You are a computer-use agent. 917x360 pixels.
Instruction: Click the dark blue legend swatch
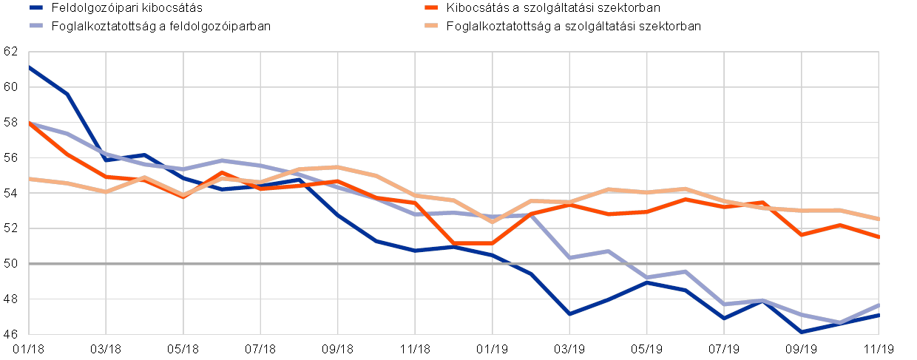click(36, 7)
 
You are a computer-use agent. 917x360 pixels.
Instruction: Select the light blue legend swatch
click(36, 25)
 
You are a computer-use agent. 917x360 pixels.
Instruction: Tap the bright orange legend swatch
click(431, 7)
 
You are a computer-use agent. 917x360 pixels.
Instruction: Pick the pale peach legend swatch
click(431, 25)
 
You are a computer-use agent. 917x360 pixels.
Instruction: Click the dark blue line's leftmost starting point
click(29, 67)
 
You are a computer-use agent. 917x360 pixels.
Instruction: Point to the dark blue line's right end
click(879, 314)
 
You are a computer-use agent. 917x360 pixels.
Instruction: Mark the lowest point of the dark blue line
click(802, 332)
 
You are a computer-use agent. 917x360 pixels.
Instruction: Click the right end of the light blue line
click(879, 305)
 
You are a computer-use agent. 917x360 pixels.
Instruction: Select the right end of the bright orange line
click(879, 237)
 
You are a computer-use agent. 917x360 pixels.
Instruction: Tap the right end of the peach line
click(879, 219)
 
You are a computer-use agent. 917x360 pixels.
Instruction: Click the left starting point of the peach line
click(29, 179)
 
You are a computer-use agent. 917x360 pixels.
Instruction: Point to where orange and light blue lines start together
click(29, 123)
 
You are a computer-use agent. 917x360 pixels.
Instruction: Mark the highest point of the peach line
click(337, 167)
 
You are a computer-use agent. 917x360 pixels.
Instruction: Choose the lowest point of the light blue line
click(840, 322)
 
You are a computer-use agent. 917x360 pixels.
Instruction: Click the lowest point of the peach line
click(492, 222)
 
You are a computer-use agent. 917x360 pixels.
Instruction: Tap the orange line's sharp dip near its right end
click(802, 234)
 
